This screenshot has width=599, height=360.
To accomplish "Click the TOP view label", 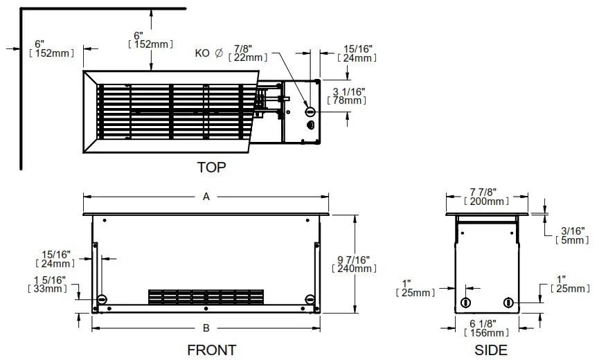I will [x=211, y=167].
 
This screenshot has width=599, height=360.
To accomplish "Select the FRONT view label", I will [x=211, y=350].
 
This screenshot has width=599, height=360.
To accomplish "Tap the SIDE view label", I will [x=490, y=350].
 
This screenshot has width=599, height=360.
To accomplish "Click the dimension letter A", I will [x=206, y=197].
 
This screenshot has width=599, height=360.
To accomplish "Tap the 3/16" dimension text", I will [x=571, y=231].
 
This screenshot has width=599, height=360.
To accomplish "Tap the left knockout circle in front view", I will [x=102, y=298].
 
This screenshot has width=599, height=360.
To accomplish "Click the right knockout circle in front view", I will [x=309, y=298].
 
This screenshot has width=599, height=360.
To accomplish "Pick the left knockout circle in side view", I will [x=465, y=302].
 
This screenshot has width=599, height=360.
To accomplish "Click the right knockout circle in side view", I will [x=509, y=302].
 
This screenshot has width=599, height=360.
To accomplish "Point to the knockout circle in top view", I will [x=310, y=111].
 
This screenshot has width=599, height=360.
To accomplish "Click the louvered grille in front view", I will [x=206, y=296].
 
